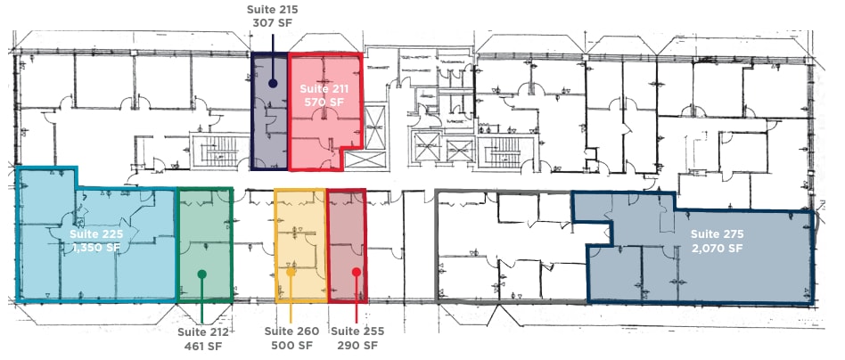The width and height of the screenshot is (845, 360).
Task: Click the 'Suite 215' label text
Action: [x=272, y=9]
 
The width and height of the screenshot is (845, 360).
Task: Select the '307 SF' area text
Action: [x=272, y=24]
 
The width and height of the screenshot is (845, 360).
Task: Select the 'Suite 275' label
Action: [x=717, y=234]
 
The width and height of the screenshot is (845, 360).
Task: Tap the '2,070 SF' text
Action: [x=717, y=249]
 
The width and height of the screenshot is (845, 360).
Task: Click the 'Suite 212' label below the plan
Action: [x=202, y=332]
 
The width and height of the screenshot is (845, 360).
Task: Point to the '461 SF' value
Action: [x=202, y=347]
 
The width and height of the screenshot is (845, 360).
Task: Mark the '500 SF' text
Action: [x=291, y=347]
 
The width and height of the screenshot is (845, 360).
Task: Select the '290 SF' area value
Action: [x=357, y=347]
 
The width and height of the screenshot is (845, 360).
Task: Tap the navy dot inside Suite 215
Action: [x=273, y=82]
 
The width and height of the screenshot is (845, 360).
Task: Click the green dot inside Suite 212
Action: [x=202, y=274]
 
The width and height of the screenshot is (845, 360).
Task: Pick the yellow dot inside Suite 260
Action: [x=291, y=273]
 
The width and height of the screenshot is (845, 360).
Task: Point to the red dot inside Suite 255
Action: [x=357, y=272]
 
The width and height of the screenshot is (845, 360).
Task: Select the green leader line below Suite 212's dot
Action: [x=202, y=303]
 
